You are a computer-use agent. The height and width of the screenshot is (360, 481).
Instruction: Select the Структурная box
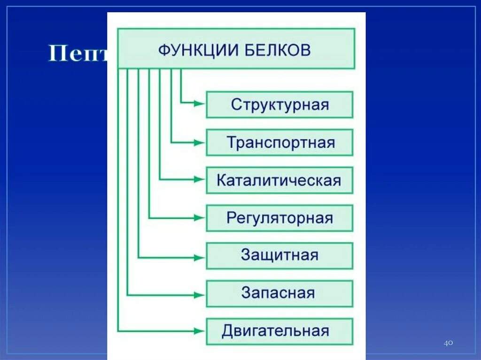pyautogui.click(x=279, y=104)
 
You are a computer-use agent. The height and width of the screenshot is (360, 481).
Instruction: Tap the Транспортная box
pyautogui.click(x=279, y=142)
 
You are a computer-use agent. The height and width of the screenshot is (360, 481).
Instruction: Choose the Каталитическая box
pyautogui.click(x=279, y=180)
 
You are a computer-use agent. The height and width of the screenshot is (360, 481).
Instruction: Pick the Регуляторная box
pyautogui.click(x=279, y=218)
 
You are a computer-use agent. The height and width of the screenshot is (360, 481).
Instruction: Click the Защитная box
pyautogui.click(x=279, y=255)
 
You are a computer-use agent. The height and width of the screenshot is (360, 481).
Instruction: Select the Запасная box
pyautogui.click(x=279, y=293)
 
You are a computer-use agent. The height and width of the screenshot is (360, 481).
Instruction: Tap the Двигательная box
pyautogui.click(x=279, y=331)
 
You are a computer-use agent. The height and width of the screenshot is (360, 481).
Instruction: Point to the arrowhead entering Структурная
pyautogui.click(x=199, y=104)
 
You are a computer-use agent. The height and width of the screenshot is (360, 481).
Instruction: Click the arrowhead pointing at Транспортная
pyautogui.click(x=199, y=142)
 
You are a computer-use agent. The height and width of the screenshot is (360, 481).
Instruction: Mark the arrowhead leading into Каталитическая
pyautogui.click(x=199, y=179)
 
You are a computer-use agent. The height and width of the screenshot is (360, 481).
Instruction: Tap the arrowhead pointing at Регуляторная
pyautogui.click(x=199, y=218)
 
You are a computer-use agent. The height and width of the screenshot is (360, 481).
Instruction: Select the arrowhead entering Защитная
pyautogui.click(x=199, y=257)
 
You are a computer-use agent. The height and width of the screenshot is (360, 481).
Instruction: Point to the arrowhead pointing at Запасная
pyautogui.click(x=199, y=295)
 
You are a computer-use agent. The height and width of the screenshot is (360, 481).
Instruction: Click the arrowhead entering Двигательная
pyautogui.click(x=199, y=331)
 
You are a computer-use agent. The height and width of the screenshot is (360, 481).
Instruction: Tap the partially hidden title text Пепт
pyautogui.click(x=78, y=54)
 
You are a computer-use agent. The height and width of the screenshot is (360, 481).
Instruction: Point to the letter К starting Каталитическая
pyautogui.click(x=222, y=180)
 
